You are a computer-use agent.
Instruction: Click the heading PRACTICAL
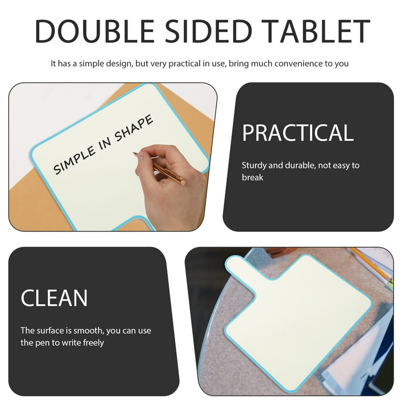tap(298, 133)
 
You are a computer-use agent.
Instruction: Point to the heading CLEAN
tap(54, 299)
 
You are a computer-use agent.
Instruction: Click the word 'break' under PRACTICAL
tap(252, 177)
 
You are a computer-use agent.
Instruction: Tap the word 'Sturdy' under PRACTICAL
tap(254, 165)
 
